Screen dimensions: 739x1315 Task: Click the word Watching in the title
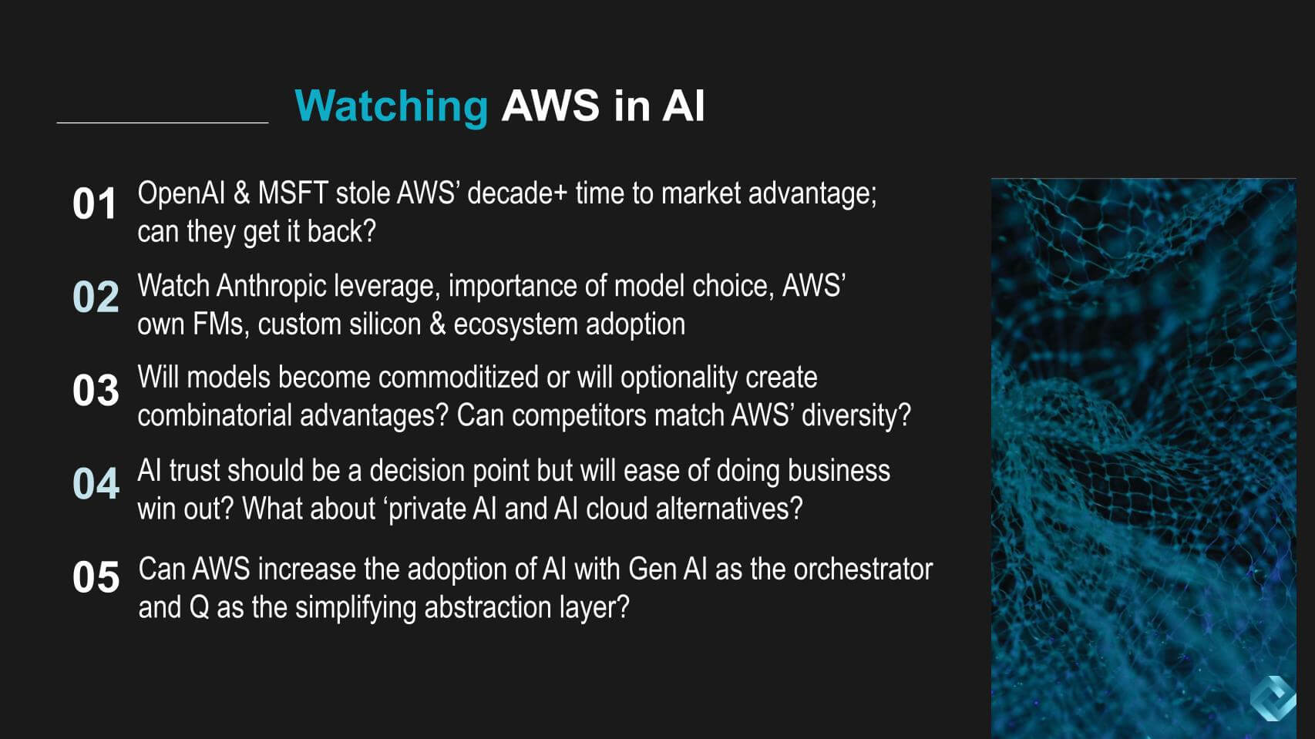pos(391,106)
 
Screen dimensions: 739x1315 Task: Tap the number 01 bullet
pos(94,204)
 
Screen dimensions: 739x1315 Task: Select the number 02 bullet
pos(96,297)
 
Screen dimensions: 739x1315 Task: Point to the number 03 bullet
pos(96,391)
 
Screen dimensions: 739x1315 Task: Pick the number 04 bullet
pos(96,484)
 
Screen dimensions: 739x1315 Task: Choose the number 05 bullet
pos(96,577)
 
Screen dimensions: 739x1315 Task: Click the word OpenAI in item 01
pos(180,193)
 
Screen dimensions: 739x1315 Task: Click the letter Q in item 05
pos(198,608)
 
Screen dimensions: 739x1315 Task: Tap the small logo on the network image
pos(1273,698)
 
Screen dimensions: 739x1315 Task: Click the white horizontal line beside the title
pos(163,123)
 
